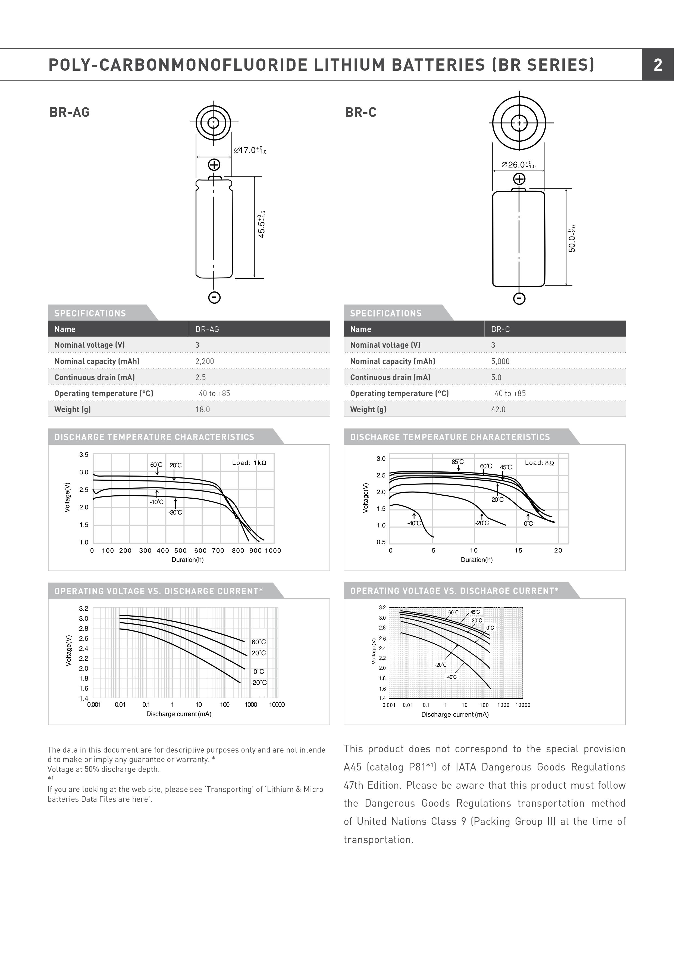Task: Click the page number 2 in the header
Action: click(658, 65)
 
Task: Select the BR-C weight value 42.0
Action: click(498, 409)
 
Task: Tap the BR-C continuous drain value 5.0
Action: click(496, 377)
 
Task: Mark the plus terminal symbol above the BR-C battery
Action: click(519, 179)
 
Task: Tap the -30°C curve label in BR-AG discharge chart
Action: click(175, 512)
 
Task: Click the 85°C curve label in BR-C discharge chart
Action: click(458, 462)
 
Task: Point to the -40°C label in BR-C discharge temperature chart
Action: click(414, 523)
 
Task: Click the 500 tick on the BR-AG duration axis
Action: click(180, 551)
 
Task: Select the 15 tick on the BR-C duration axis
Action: click(518, 551)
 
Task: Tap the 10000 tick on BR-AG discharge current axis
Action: click(277, 705)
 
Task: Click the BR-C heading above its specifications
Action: click(360, 113)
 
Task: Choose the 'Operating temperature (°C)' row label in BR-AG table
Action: click(104, 393)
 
